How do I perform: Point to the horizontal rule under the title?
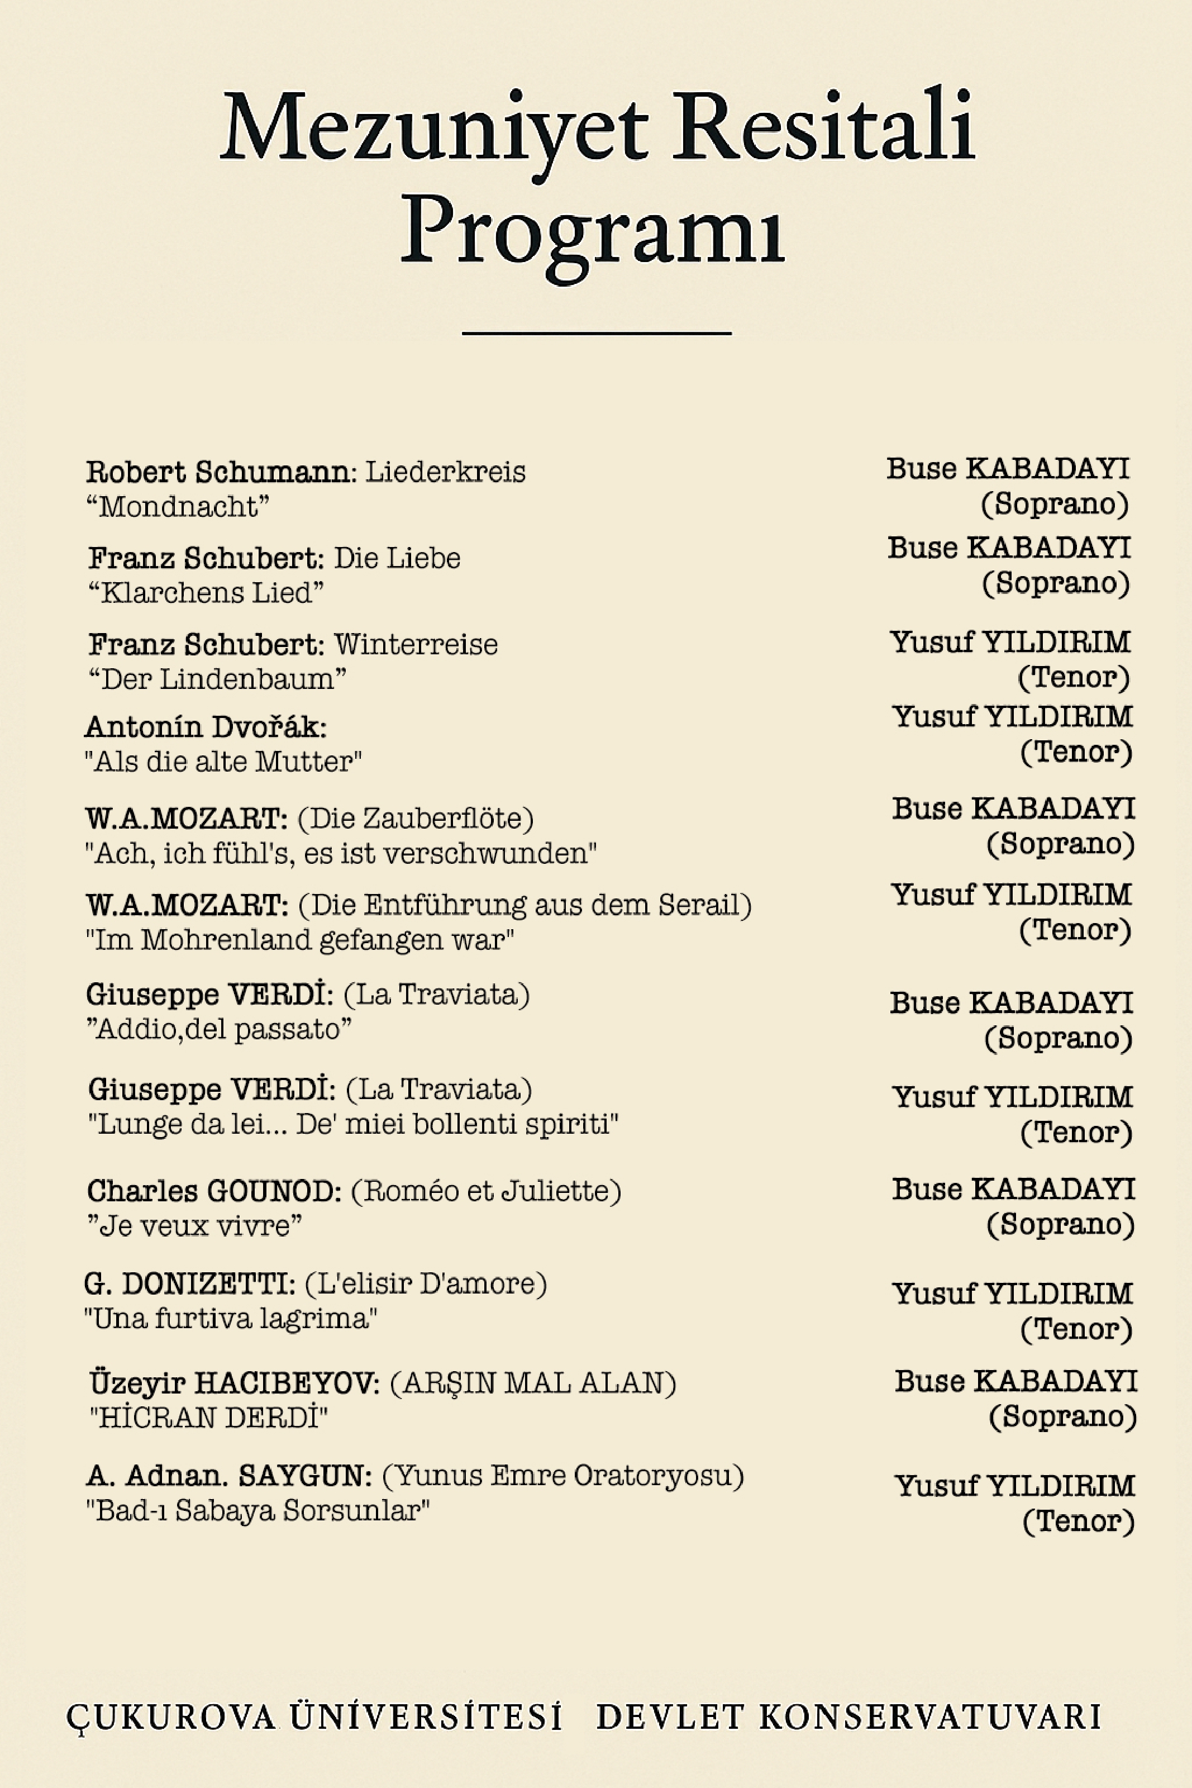[596, 333]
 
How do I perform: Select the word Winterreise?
[416, 645]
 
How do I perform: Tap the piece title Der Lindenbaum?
[217, 679]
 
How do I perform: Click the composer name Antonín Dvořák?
[205, 727]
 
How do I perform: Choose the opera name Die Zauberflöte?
[416, 818]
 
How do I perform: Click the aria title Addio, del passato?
[220, 1029]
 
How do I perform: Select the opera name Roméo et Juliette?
[486, 1191]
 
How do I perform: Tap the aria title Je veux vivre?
[194, 1225]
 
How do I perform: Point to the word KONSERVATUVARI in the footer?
[929, 1717]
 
